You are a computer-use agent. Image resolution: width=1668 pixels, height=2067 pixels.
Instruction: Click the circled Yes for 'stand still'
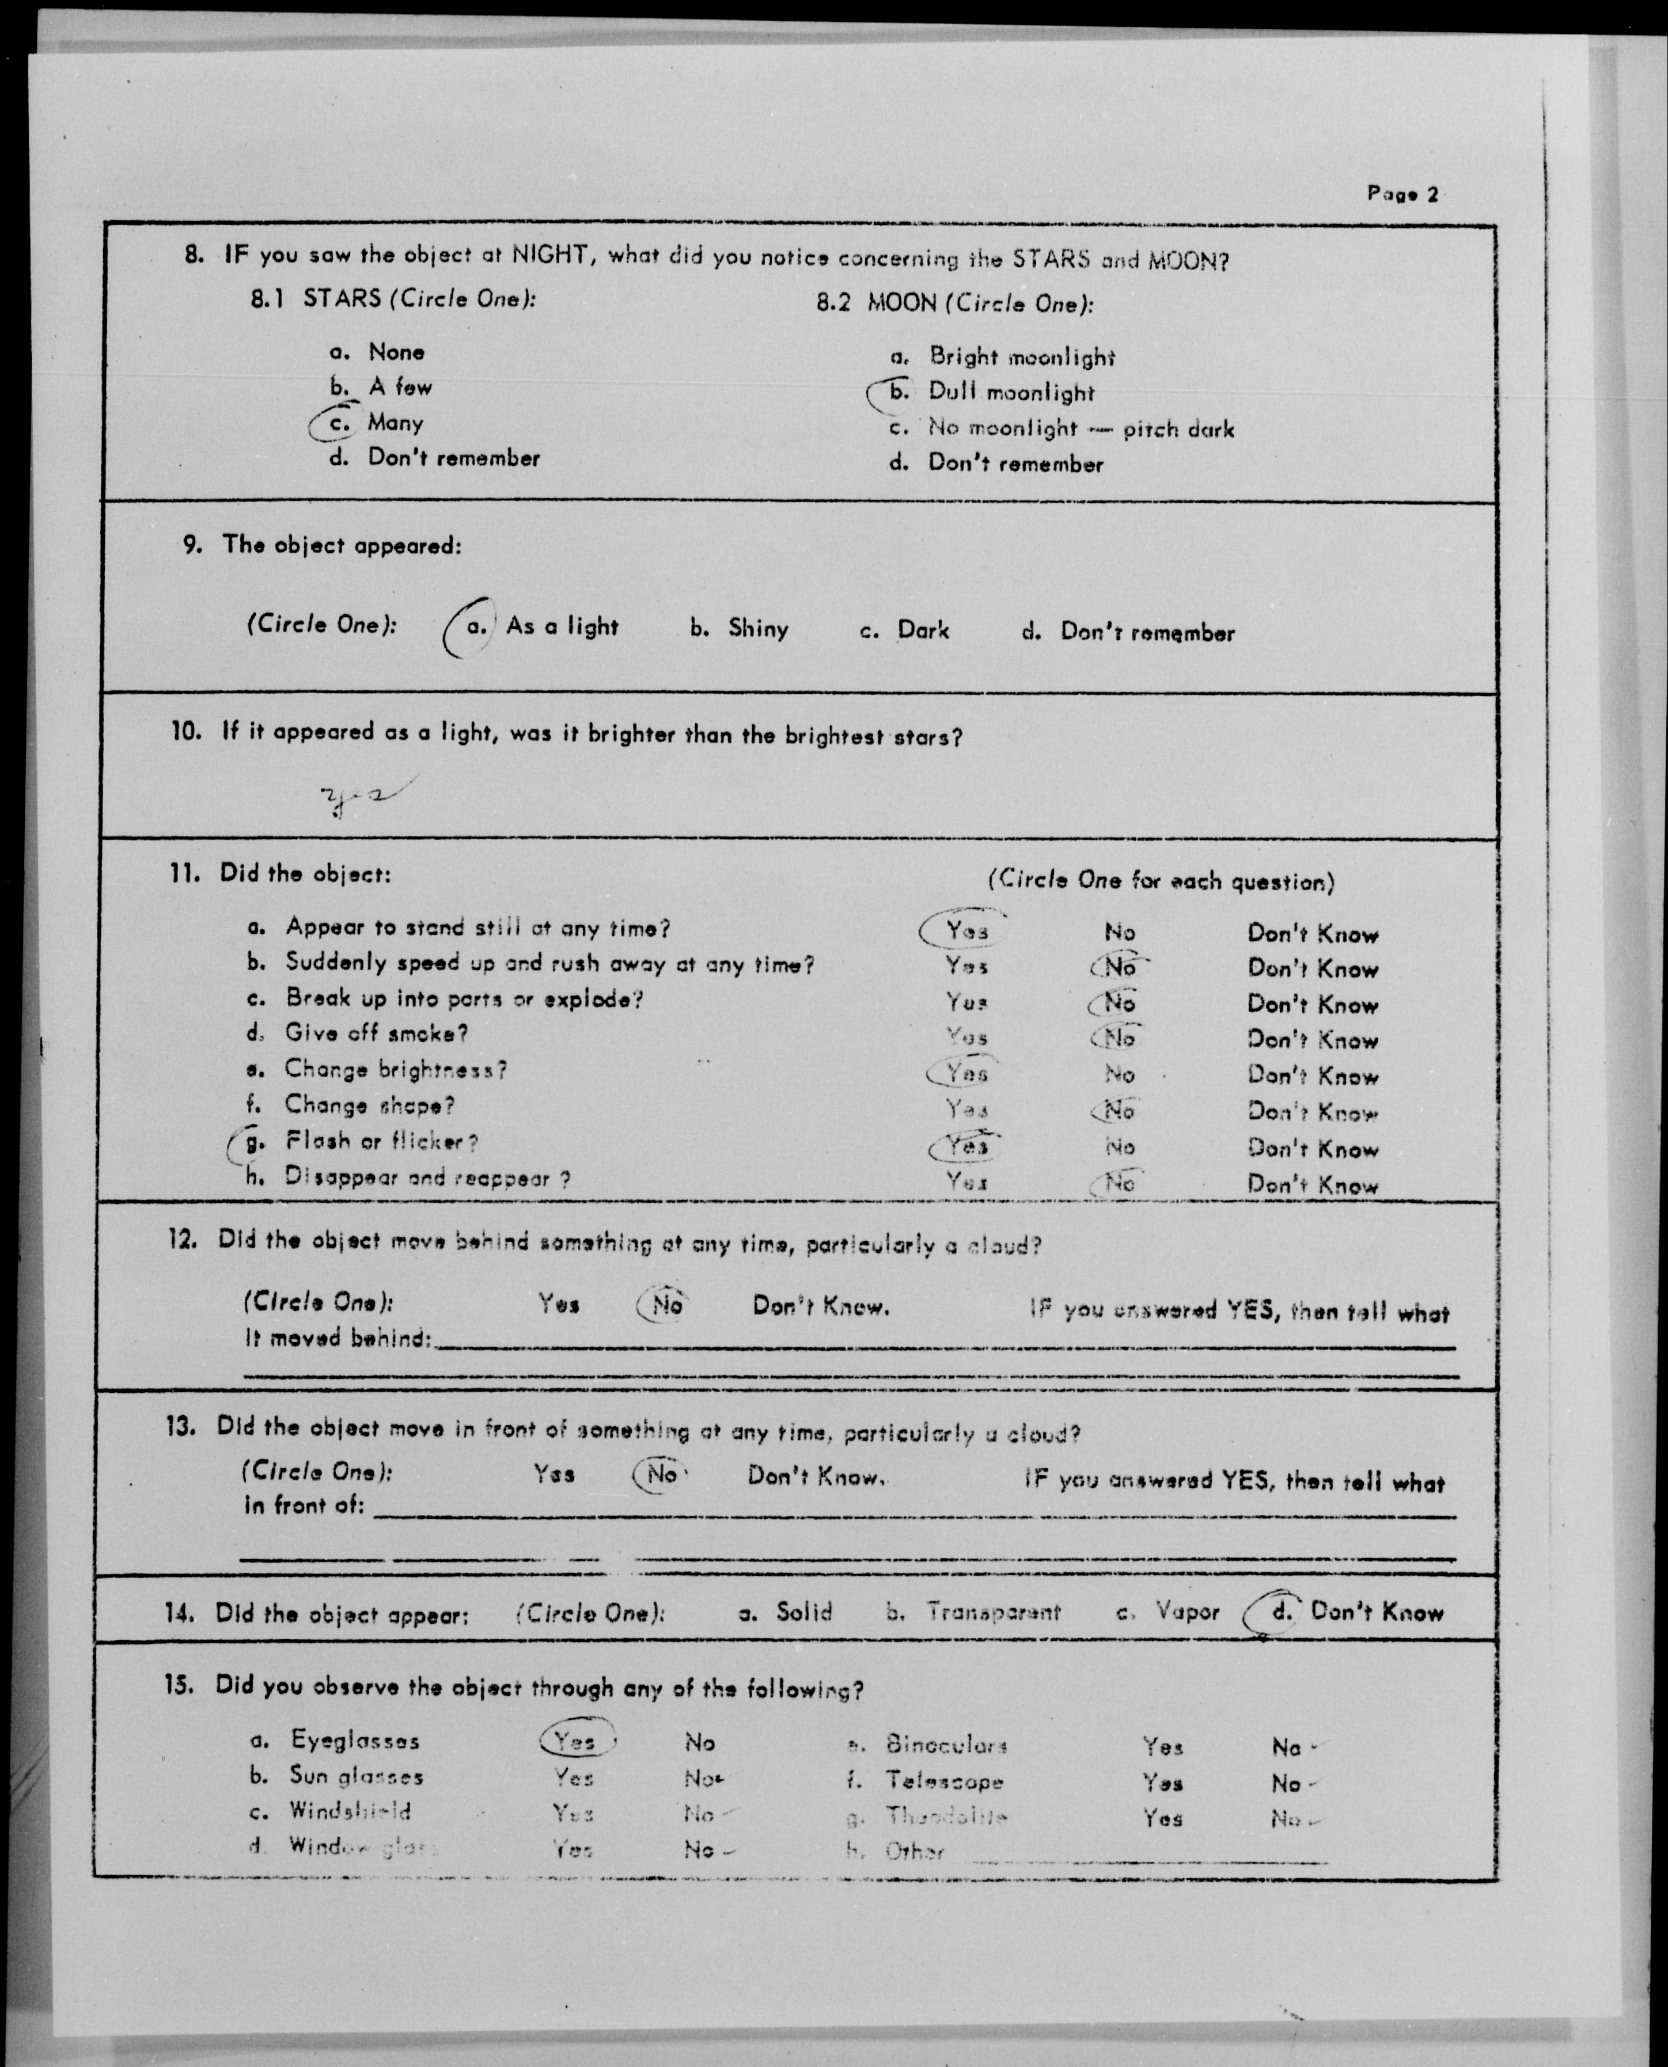965,930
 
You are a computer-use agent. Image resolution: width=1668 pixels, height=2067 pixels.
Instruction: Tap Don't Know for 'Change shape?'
1313,1112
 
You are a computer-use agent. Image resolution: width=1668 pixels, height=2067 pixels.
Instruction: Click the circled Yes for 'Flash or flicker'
965,1146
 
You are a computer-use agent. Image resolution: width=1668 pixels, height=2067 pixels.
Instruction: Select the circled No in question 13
662,1475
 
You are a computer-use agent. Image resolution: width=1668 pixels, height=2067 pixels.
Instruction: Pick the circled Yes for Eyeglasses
575,1741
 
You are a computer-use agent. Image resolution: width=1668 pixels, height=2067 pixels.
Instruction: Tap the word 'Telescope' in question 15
945,1782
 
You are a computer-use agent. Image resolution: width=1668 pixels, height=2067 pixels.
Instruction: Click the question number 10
187,732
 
